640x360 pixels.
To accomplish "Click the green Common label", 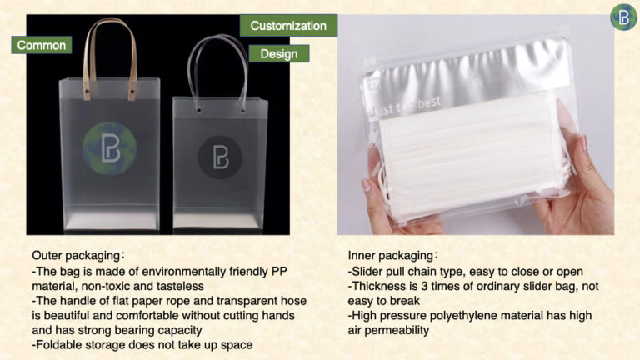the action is (41, 45).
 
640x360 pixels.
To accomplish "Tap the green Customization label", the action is (288, 26).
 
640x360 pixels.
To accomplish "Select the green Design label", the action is (279, 53).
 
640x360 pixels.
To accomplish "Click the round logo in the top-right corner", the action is (623, 17).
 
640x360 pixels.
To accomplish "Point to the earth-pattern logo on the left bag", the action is (109, 148).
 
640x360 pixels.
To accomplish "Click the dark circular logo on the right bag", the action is (220, 157).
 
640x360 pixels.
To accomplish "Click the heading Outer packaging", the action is (76, 256).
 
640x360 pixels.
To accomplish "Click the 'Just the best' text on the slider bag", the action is (405, 107).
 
